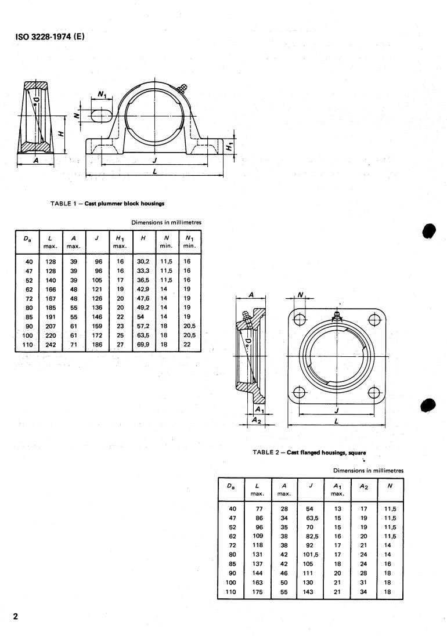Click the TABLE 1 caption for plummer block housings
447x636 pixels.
[x=107, y=204]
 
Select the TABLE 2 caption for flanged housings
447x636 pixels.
[x=309, y=453]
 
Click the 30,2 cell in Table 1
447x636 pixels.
[x=143, y=262]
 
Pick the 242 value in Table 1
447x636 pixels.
[x=51, y=345]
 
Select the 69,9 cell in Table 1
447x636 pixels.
[x=143, y=345]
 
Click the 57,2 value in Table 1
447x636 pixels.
[x=143, y=326]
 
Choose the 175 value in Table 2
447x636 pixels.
[x=257, y=592]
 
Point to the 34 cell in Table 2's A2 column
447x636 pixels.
[x=364, y=592]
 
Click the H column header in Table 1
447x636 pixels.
[x=143, y=238]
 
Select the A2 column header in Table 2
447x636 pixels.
[x=364, y=486]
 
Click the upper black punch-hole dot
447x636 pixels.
[x=428, y=230]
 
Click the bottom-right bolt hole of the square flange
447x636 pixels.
[x=374, y=393]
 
